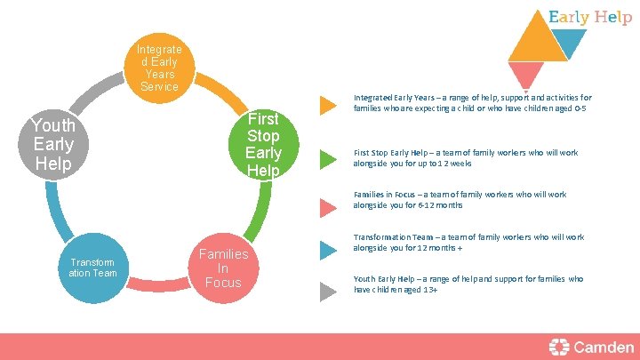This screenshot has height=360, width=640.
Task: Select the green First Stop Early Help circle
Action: point(263,143)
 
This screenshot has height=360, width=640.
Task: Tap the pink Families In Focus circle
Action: point(223,268)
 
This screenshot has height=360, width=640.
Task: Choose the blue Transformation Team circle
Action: point(92,268)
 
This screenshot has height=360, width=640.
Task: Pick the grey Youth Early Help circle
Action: point(53,143)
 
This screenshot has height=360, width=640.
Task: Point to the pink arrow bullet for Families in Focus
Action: point(328,207)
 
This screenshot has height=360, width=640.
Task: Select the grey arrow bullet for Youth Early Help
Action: point(328,289)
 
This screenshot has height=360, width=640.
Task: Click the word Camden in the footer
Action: point(604,347)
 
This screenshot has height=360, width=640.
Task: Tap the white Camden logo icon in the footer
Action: point(559,347)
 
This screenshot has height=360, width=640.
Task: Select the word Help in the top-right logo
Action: point(614,17)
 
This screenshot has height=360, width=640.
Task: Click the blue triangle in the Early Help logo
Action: point(566,41)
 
